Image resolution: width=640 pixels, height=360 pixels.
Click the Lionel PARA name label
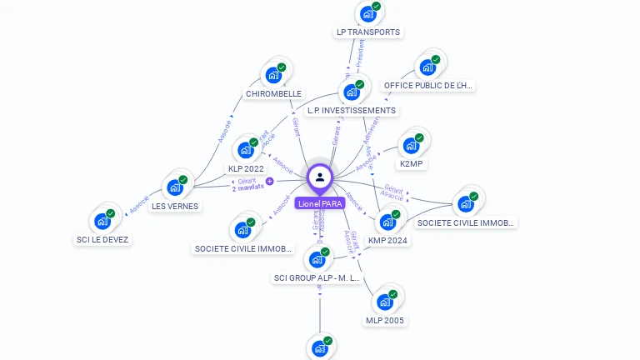(x=319, y=203)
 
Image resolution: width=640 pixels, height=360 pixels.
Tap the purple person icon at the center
(x=319, y=177)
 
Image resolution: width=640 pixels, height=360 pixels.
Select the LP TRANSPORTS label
(x=367, y=32)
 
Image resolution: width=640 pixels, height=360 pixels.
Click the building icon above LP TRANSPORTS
(x=367, y=14)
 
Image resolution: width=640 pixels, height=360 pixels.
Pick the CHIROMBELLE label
(x=273, y=94)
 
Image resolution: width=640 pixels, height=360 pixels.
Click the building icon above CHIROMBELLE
(x=272, y=75)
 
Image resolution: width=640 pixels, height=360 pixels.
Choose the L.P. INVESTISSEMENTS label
(x=351, y=110)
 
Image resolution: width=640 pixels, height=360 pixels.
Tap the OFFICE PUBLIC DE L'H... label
(x=427, y=86)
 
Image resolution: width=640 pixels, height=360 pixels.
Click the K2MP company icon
(x=411, y=146)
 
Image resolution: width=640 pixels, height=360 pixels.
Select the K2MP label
(x=412, y=164)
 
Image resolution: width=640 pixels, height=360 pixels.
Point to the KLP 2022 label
(x=246, y=169)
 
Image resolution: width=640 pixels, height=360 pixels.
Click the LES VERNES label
(x=175, y=206)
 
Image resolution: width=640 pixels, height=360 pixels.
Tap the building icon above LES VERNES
(x=176, y=187)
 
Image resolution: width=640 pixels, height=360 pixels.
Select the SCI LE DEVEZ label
(x=102, y=240)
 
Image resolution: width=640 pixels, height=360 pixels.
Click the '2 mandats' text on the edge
(x=247, y=187)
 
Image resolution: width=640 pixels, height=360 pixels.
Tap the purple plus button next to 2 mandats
(x=269, y=181)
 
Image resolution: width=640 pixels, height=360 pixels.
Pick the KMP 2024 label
(x=388, y=241)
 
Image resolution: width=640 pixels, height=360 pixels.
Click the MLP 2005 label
(x=385, y=320)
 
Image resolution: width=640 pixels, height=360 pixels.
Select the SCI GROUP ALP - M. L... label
(x=317, y=277)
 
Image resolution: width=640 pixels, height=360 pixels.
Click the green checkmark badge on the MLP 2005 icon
(x=395, y=293)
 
